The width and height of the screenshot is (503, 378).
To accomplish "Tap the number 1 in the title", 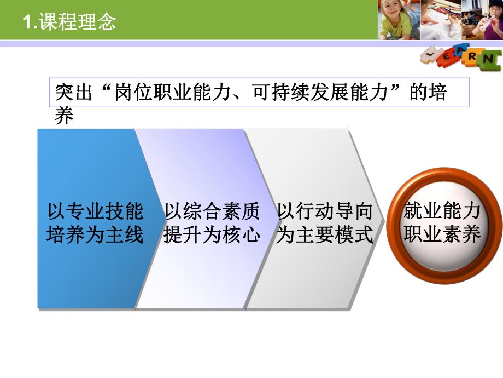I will click(27, 22).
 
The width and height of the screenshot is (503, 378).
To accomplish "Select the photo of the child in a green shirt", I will click(399, 20).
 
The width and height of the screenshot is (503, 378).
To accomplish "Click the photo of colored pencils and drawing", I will click(441, 20).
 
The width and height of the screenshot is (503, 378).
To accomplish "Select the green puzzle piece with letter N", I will click(490, 59).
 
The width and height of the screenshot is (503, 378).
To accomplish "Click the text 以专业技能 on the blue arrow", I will click(95, 211).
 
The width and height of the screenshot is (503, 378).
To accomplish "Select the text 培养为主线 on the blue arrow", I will click(95, 235).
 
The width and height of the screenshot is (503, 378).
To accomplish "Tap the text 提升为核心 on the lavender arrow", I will click(212, 235).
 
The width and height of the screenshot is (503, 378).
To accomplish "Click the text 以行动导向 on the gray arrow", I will click(325, 211).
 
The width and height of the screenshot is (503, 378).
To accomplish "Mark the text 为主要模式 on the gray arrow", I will click(325, 235).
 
